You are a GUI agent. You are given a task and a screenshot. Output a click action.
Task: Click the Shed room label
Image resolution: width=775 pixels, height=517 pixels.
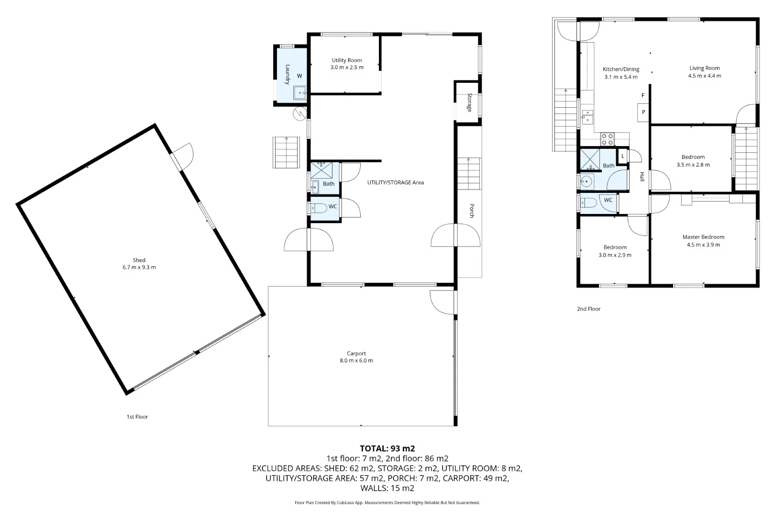(x=139, y=260)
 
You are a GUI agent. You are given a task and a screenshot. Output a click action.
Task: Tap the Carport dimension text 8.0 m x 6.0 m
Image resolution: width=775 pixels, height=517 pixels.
(x=356, y=360)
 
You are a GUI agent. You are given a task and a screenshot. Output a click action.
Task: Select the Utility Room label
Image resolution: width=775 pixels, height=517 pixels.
(x=347, y=60)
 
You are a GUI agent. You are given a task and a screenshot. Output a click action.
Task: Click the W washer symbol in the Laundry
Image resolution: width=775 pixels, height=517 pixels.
(x=299, y=76)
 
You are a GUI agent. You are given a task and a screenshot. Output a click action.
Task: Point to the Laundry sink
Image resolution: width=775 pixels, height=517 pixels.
(x=299, y=93)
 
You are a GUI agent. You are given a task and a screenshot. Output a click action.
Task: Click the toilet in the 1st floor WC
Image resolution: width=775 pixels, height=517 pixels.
(x=319, y=208)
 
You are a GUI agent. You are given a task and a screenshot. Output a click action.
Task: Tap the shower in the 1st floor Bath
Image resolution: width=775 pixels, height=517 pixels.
(x=321, y=170)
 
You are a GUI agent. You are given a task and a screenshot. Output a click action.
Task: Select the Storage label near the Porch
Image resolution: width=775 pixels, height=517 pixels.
(x=469, y=102)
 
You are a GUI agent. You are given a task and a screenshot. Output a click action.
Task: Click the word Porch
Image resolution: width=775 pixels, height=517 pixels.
(x=472, y=211)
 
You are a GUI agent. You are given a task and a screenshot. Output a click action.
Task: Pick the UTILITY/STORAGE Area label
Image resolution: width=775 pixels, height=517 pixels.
(x=396, y=182)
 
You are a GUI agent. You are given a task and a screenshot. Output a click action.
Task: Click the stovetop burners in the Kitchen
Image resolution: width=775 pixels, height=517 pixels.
(x=607, y=139)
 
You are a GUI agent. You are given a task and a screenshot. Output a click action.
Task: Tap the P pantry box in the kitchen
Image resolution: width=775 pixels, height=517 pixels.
(x=643, y=112)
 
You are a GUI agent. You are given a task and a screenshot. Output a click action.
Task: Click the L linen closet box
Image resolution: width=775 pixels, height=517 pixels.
(x=623, y=156)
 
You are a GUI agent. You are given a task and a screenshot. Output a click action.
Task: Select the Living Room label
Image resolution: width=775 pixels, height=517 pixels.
(x=704, y=68)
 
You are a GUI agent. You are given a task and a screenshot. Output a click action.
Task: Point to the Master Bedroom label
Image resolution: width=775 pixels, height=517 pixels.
(x=703, y=237)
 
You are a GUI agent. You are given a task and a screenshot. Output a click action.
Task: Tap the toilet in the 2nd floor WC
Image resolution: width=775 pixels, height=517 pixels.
(x=588, y=202)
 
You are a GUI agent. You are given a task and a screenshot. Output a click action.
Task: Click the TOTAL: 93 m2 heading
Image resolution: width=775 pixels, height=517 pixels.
(x=387, y=449)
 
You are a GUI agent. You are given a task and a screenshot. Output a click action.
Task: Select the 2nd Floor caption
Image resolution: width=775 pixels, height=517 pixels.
(x=588, y=309)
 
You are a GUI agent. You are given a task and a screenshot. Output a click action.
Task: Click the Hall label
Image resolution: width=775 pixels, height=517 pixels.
(x=642, y=177)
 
